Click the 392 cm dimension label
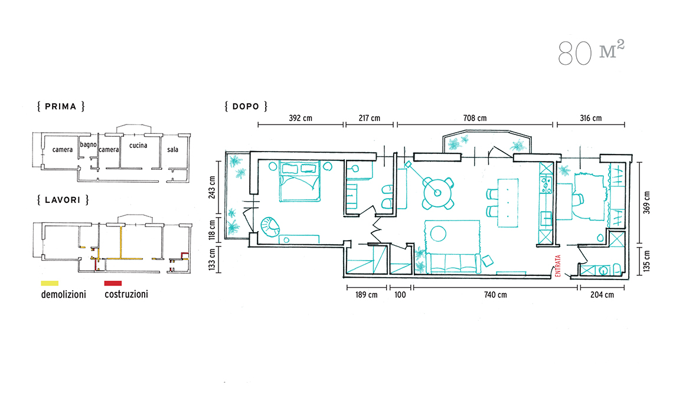point(300,118)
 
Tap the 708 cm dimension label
point(475,118)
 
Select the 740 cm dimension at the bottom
point(495,295)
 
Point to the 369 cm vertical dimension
point(646,202)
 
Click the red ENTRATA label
point(558,266)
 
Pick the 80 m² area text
point(591,52)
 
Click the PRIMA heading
point(61,106)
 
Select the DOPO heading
point(246,106)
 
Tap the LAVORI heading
point(63,200)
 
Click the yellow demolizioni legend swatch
point(50,283)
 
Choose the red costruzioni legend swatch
point(113,283)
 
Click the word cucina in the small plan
point(138,146)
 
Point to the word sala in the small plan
point(172,150)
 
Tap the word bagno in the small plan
point(88,144)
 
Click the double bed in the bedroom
point(299,181)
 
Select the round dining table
point(437,193)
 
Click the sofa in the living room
point(453,262)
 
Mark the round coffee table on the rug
point(438,234)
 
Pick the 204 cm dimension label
point(602,295)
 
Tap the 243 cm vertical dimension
point(211,188)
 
